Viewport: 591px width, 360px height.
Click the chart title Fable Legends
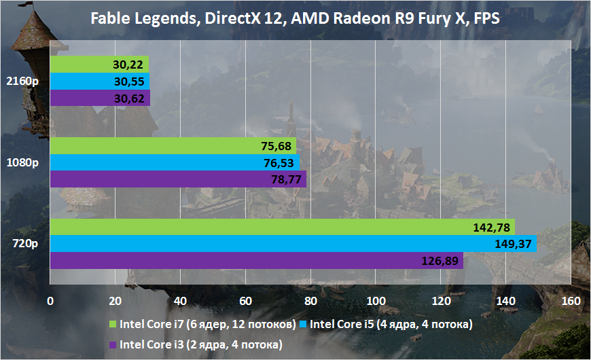coord(295,18)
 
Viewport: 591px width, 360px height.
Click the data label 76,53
coord(277,163)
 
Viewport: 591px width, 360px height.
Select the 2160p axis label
coord(24,81)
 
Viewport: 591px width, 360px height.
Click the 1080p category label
coord(24,163)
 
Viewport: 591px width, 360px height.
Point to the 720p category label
coord(27,244)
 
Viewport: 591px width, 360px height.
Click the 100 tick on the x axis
coord(376,301)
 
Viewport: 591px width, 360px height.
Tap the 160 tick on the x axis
coord(571,301)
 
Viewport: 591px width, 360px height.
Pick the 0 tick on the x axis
coord(50,301)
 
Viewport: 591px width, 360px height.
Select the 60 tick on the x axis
coord(245,301)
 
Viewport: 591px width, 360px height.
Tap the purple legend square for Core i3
coord(112,346)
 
